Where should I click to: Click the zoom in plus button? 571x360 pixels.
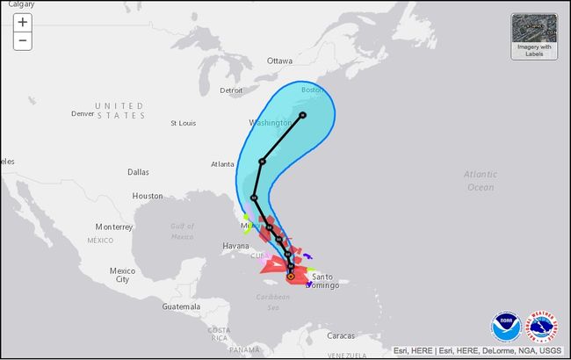(x=22, y=22)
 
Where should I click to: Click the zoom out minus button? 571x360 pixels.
(x=22, y=40)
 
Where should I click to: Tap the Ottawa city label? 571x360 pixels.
(x=279, y=61)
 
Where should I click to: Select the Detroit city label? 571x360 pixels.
(x=231, y=90)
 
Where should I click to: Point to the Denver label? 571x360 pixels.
(x=83, y=114)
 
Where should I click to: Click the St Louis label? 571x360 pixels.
(x=184, y=123)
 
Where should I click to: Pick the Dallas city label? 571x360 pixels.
(x=138, y=172)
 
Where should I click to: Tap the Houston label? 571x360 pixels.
(x=148, y=196)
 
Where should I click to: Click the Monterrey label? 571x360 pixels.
(x=113, y=227)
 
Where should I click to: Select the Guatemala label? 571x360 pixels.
(x=181, y=306)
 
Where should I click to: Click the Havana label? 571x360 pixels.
(x=235, y=246)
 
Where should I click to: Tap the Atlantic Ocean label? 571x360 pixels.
(x=481, y=180)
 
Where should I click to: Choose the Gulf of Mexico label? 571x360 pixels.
(x=182, y=231)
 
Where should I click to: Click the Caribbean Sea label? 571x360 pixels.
(x=273, y=302)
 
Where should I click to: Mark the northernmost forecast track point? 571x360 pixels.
(x=302, y=115)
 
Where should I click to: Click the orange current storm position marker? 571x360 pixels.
(x=290, y=277)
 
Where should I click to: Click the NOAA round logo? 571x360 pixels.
(x=505, y=327)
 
